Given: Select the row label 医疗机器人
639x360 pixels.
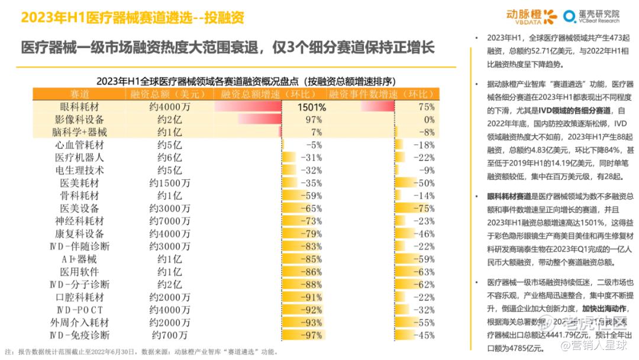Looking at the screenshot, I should [80, 157].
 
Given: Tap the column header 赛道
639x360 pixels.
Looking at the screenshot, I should [80, 95].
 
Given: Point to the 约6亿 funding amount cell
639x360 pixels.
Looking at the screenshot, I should [170, 157].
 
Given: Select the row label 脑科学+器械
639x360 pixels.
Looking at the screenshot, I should [80, 132].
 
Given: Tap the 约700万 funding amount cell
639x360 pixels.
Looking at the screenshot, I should [170, 335].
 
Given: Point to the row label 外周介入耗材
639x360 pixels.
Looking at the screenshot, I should [80, 323].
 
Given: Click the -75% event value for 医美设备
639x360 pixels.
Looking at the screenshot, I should [424, 208].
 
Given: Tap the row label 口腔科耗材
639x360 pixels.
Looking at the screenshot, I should [80, 297].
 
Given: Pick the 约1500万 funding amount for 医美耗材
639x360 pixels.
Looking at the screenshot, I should [170, 183].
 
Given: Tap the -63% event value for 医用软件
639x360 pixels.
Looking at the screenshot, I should [424, 272].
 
